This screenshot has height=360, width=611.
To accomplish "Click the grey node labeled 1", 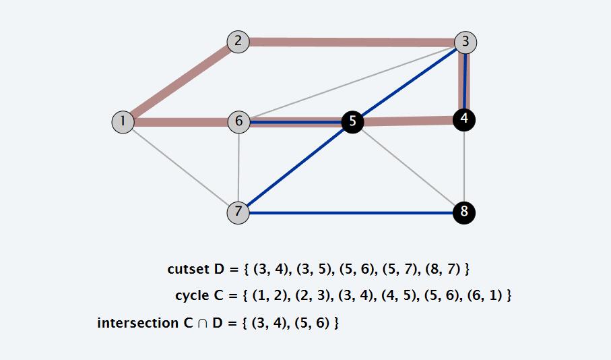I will click(123, 122).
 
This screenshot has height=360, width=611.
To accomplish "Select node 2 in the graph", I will click(238, 42).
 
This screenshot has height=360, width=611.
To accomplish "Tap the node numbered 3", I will click(465, 42).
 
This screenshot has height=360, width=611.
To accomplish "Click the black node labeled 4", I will click(464, 119).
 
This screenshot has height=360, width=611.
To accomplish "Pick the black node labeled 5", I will click(352, 122).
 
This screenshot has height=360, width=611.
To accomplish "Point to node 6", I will click(238, 122).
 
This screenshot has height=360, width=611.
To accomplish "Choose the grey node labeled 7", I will click(238, 212).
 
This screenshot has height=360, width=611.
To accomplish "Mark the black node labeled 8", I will click(463, 212).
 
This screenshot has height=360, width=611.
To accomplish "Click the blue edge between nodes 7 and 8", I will click(350, 212).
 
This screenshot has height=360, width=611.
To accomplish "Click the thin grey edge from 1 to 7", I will click(180, 167).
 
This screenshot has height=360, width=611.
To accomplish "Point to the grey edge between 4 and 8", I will click(464, 166).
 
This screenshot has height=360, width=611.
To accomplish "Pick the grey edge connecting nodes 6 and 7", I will click(238, 167).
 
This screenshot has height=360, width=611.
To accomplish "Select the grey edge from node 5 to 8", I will click(408, 167).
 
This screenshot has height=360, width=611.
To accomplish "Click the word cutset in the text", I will click(188, 269).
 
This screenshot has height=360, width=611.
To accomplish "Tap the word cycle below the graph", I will click(192, 296).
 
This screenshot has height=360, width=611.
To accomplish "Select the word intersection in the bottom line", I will click(137, 323).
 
